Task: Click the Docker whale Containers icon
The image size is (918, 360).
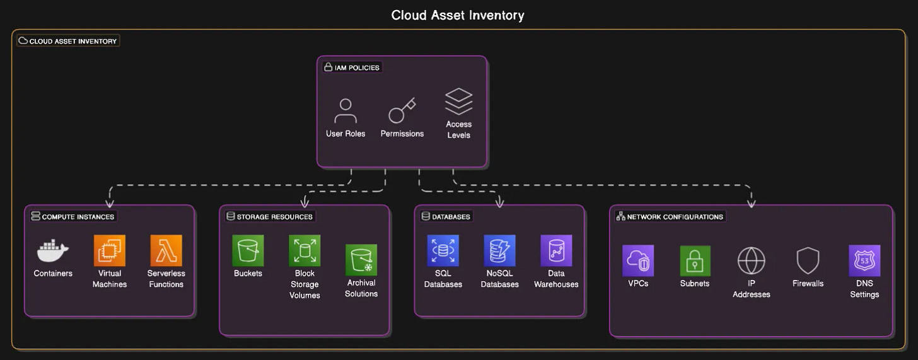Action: click(53, 250)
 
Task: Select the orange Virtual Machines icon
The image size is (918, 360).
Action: click(110, 250)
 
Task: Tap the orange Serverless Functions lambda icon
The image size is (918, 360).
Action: click(166, 250)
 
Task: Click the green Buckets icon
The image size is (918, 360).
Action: click(248, 250)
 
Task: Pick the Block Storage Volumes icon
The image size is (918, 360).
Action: click(305, 250)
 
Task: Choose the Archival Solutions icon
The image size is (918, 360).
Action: click(361, 260)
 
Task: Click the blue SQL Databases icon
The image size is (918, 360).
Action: click(443, 250)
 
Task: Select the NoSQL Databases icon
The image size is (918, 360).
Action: click(499, 250)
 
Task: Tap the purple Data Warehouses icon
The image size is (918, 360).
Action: click(556, 250)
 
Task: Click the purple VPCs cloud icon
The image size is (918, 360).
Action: click(638, 260)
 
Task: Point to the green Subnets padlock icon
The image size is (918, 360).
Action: click(695, 260)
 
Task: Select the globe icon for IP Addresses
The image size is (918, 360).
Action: click(751, 260)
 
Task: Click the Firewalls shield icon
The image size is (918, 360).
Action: click(808, 260)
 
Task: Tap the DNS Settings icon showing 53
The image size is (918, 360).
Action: click(864, 260)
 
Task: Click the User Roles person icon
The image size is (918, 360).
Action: click(346, 111)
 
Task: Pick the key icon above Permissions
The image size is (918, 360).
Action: click(402, 111)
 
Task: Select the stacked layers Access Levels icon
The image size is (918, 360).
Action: click(458, 102)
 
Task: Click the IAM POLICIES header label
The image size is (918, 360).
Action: click(352, 67)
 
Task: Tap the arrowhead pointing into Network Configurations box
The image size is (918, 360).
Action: click(751, 203)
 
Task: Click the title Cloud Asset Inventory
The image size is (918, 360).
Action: click(458, 15)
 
